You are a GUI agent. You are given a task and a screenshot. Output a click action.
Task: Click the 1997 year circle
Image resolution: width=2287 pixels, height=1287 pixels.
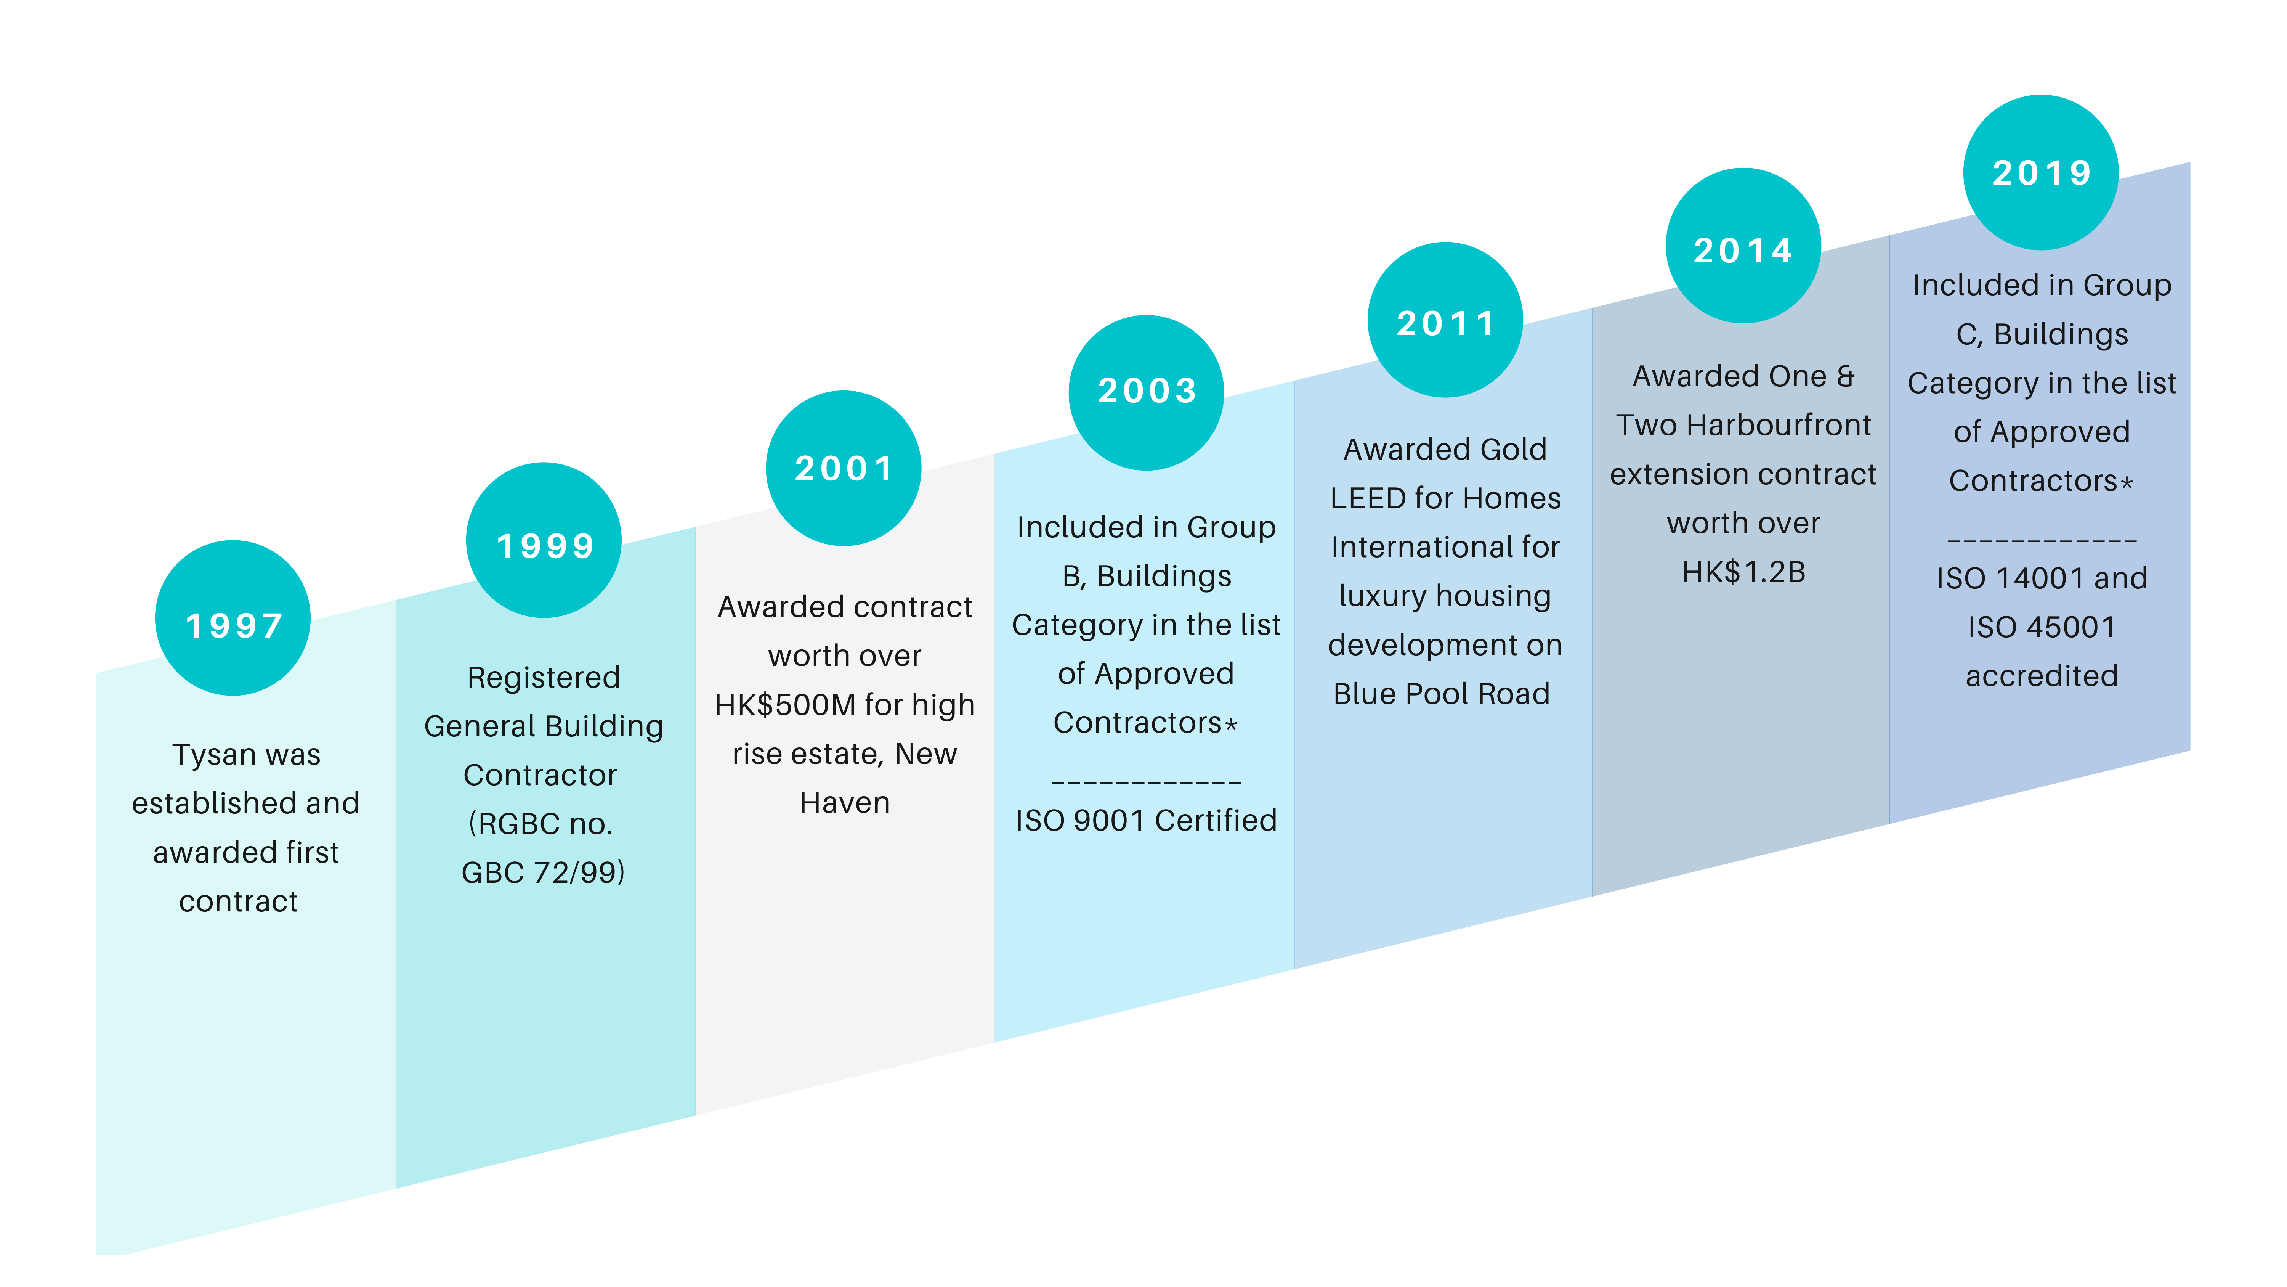tap(233, 618)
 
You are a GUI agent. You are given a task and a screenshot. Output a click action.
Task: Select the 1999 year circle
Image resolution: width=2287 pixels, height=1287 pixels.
tap(543, 540)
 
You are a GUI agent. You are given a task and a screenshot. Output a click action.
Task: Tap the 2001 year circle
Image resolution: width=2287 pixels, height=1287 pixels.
tap(844, 468)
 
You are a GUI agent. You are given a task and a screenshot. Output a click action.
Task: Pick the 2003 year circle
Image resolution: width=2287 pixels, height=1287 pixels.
tap(1146, 393)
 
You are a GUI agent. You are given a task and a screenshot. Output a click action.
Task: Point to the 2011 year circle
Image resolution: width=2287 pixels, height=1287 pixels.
tap(1445, 320)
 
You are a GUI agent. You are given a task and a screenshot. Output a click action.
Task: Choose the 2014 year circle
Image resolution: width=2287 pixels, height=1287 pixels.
tap(1744, 245)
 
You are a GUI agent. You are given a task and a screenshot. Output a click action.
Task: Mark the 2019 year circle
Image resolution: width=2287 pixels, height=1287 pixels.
tap(2041, 172)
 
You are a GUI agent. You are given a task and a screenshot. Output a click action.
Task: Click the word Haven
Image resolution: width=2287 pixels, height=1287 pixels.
tap(844, 803)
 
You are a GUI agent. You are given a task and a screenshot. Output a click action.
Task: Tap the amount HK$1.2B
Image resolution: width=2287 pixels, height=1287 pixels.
tap(1744, 572)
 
